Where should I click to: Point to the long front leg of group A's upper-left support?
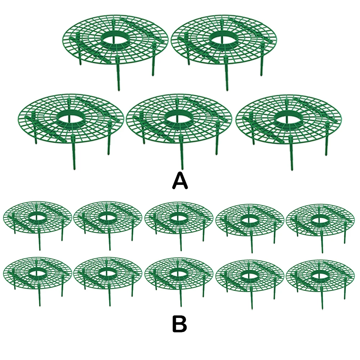pos(118,77)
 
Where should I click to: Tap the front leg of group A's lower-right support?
pos(292,158)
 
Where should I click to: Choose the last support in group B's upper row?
pos(320,221)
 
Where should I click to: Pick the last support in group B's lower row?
pos(320,276)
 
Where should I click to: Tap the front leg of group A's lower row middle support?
pos(182,158)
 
